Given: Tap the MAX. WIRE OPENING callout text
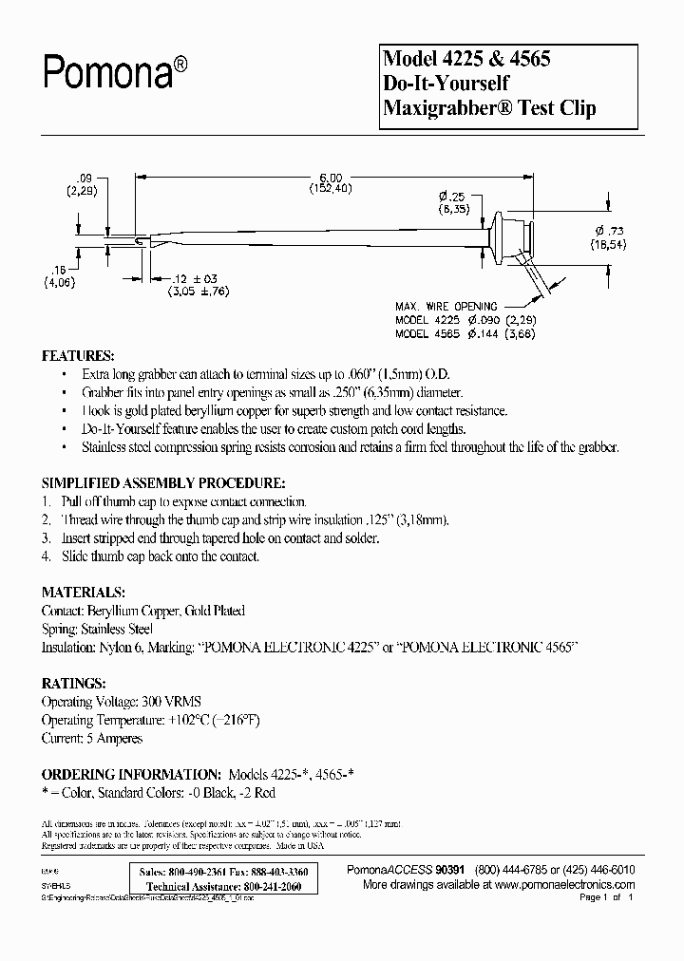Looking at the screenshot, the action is [446, 306].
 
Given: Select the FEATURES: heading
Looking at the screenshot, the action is [79, 355].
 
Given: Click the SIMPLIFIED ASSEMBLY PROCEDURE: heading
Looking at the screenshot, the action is [162, 482].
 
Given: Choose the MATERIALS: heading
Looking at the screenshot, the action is [84, 591].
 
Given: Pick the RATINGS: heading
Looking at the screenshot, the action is [73, 682].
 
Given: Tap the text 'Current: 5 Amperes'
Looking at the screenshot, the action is [92, 738].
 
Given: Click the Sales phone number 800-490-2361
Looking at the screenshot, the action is [202, 871].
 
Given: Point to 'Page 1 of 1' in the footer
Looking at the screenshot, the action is [604, 896].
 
